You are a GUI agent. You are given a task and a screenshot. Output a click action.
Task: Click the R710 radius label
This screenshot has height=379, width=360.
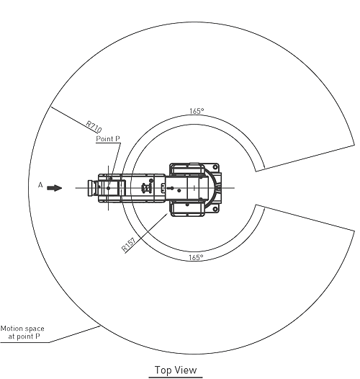(94, 127)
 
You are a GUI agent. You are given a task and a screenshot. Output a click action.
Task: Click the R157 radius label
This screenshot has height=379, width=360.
(128, 245)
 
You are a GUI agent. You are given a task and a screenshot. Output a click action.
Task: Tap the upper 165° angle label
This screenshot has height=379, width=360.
(197, 111)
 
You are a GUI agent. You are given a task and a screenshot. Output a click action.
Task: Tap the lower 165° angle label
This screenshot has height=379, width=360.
(196, 257)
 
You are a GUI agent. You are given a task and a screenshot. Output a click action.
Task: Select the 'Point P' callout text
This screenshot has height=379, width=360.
(108, 139)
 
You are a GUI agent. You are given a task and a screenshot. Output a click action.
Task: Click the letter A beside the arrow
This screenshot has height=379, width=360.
(40, 185)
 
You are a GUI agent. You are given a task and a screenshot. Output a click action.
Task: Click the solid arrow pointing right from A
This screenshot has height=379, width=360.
(55, 188)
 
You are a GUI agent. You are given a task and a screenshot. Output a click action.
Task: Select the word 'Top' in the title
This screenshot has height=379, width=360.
(163, 370)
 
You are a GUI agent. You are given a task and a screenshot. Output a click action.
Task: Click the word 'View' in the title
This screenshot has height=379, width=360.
(185, 370)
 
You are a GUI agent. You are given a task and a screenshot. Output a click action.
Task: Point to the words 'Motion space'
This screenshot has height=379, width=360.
(22, 329)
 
